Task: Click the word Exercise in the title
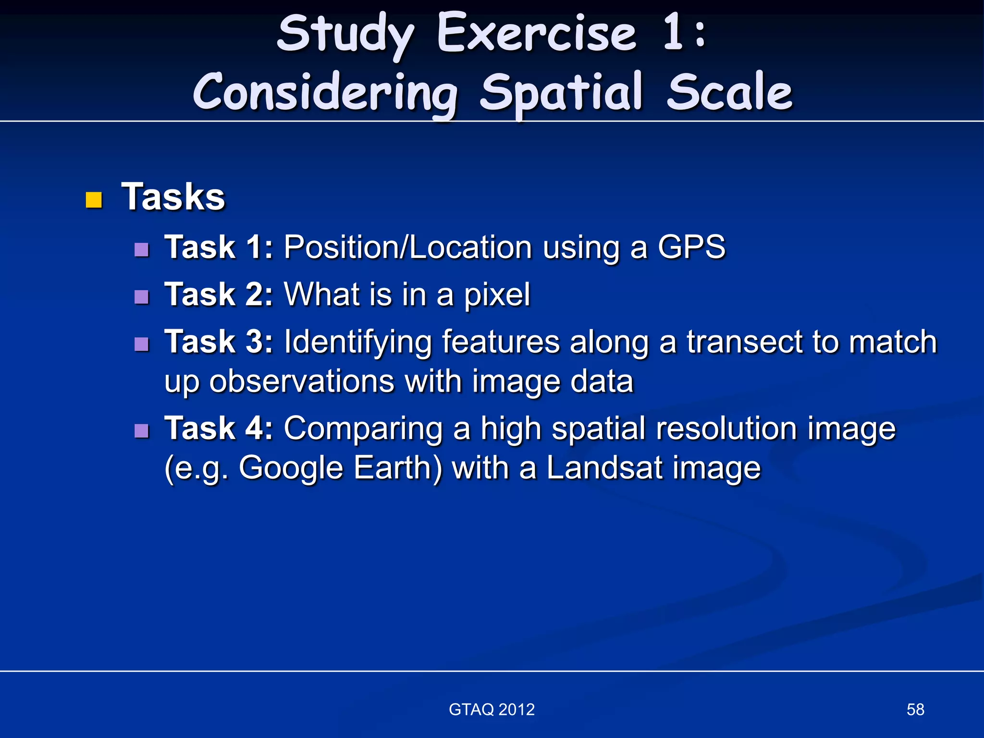click(537, 34)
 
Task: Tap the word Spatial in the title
click(561, 93)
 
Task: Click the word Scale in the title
click(729, 93)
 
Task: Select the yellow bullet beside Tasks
click(94, 200)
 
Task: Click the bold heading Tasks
click(173, 197)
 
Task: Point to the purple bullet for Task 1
click(142, 249)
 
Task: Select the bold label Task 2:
click(219, 295)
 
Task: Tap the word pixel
click(497, 295)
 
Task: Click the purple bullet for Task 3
click(142, 344)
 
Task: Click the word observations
click(302, 381)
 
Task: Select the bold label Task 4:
click(219, 428)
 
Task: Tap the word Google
click(291, 468)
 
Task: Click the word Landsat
click(604, 467)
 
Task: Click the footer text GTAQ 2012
click(492, 710)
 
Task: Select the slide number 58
click(915, 710)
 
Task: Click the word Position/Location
click(407, 247)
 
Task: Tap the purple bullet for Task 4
click(142, 430)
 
